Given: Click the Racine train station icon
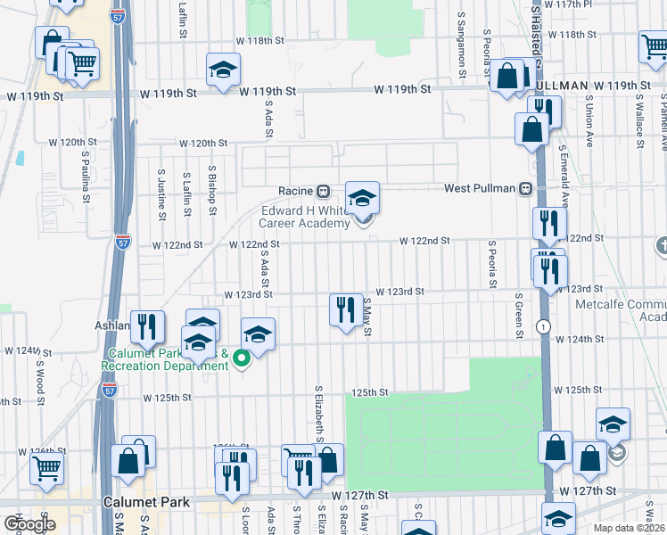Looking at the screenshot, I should tap(325, 191).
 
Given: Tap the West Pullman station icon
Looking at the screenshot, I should tap(527, 189).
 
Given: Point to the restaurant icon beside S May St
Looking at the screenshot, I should tap(345, 309).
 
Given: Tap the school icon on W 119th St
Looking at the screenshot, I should tap(223, 70).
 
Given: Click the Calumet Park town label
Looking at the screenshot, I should tap(145, 502).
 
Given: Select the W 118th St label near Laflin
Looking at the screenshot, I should tap(259, 41).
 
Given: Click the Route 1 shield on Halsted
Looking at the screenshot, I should tap(542, 326).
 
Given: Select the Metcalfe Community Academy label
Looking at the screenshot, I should tap(635, 310).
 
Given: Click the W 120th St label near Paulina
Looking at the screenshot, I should tap(73, 142).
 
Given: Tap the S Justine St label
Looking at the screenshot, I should tap(161, 194).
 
